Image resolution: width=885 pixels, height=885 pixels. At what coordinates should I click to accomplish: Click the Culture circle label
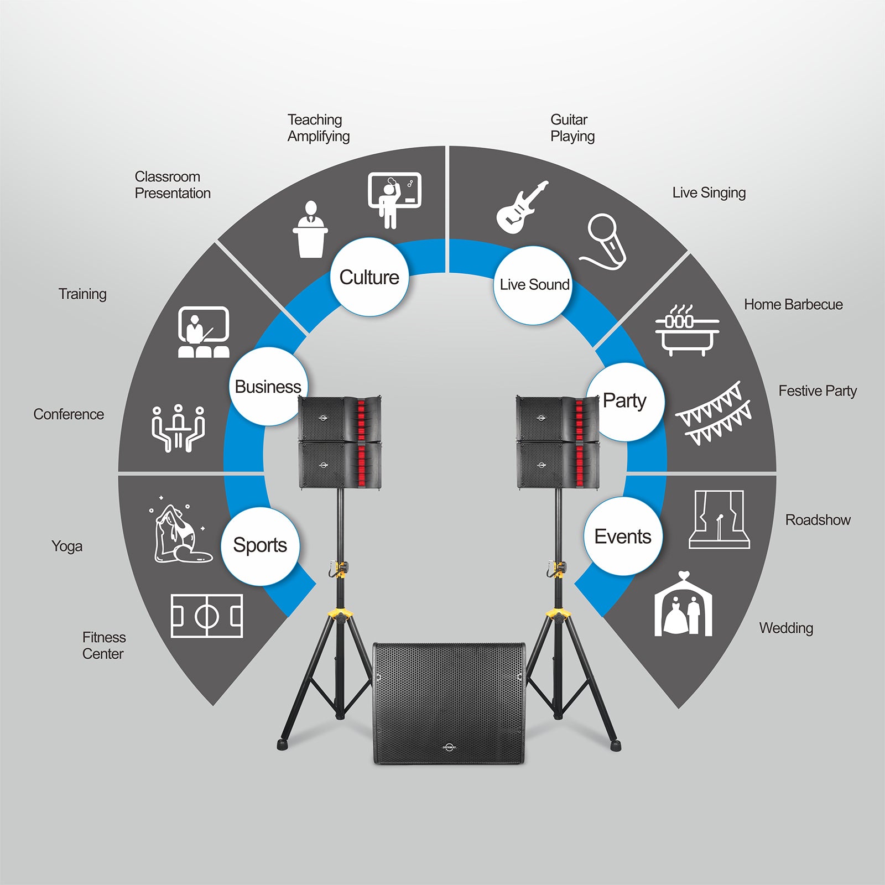(369, 277)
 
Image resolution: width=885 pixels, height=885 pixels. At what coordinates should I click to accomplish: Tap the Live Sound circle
(533, 285)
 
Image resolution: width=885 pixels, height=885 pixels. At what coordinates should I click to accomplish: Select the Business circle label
(268, 387)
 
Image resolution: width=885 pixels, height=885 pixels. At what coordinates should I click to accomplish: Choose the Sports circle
(260, 545)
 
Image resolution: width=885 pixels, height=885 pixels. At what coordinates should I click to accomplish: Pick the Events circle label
(623, 537)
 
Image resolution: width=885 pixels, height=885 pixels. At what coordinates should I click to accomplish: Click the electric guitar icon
(522, 207)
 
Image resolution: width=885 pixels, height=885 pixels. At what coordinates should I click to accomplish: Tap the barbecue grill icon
(686, 330)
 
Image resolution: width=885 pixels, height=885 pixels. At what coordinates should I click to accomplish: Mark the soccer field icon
(206, 616)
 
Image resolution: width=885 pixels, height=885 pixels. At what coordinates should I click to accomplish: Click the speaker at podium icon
(310, 229)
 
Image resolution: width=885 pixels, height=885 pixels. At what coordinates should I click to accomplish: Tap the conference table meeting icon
(178, 428)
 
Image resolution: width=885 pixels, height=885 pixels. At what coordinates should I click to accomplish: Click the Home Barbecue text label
(793, 305)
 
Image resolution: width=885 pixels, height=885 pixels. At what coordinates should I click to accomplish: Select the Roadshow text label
(818, 520)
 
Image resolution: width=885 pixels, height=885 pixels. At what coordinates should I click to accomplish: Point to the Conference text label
(69, 414)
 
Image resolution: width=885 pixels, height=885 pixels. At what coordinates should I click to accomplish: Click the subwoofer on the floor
(449, 703)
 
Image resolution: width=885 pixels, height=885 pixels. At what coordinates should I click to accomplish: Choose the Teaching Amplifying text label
(318, 128)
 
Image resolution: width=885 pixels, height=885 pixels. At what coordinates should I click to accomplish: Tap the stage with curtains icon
(719, 519)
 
